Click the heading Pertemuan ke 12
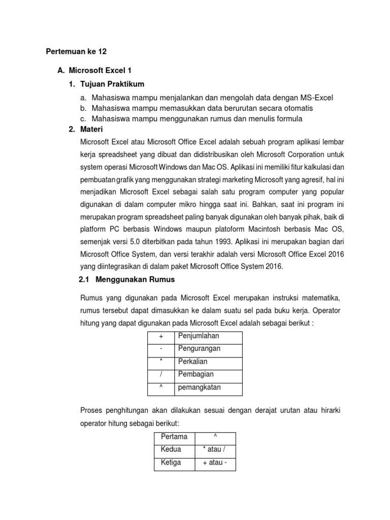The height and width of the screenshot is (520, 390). coord(77,52)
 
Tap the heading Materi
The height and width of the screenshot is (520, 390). coord(92,129)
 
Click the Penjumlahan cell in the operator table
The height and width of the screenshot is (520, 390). coord(208,337)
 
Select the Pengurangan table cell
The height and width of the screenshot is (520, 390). coord(208,349)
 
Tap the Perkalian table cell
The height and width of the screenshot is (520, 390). coord(208,362)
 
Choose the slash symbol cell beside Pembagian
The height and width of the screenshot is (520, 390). coord(161,375)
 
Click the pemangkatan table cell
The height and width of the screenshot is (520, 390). coord(208,388)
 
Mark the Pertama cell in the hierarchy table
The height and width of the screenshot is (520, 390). coord(174,437)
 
